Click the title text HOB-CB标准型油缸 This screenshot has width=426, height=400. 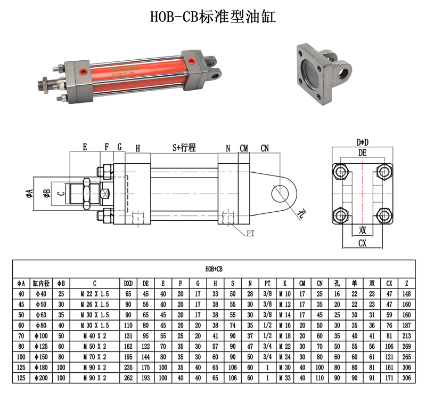pyautogui.click(x=213, y=17)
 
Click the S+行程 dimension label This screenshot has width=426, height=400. pyautogui.click(x=184, y=148)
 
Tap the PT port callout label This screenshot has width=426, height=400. pyautogui.click(x=250, y=233)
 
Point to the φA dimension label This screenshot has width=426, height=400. pyautogui.click(x=29, y=194)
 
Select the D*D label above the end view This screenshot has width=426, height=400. pyautogui.click(x=363, y=142)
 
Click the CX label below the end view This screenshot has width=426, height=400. pyautogui.click(x=363, y=243)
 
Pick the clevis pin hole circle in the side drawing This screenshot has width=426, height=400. pyautogui.click(x=280, y=194)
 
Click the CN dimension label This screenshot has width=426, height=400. pyautogui.click(x=265, y=148)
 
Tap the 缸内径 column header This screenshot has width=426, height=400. pyautogui.click(x=41, y=283)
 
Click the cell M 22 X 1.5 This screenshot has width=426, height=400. pyautogui.click(x=95, y=294)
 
